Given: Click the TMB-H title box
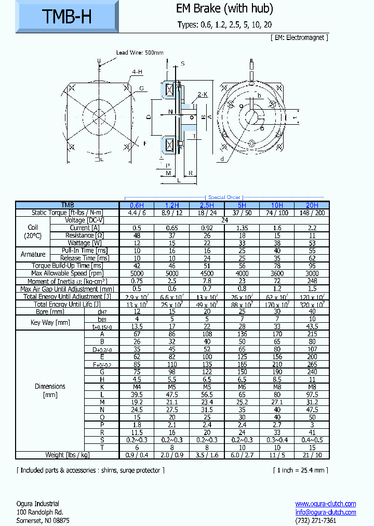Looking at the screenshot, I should click(66, 17).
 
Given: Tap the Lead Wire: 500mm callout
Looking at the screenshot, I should click(139, 52).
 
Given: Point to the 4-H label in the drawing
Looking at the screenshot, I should click(137, 72).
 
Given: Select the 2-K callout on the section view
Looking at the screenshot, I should click(202, 95).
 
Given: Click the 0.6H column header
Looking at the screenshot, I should click(137, 205).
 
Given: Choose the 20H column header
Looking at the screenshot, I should click(312, 205).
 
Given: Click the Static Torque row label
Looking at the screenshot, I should click(68, 213).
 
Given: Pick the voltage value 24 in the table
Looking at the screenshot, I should click(224, 220).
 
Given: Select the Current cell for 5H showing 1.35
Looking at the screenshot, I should click(242, 228).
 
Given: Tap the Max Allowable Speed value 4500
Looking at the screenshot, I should click(207, 273).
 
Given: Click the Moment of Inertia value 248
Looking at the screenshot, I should click(312, 281).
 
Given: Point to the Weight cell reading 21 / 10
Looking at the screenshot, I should click(312, 455).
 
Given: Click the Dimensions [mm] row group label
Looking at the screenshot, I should click(50, 390).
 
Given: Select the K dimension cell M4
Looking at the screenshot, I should click(137, 387).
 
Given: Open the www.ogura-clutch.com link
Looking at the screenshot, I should click(325, 504).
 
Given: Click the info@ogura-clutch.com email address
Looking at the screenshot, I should click(325, 512).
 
